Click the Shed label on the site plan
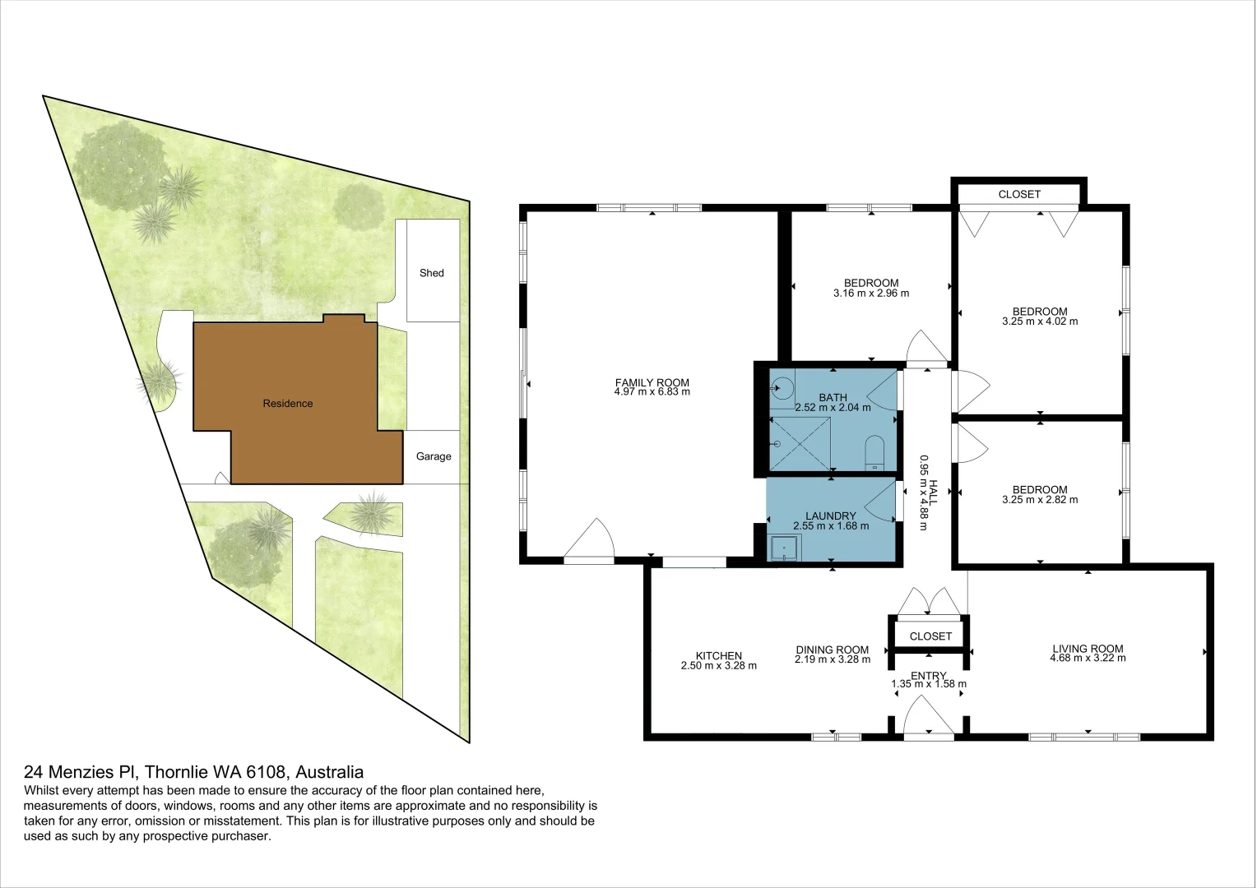click(431, 273)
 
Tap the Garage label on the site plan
click(434, 456)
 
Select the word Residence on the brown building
click(288, 404)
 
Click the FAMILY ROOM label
click(652, 382)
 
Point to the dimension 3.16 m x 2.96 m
click(871, 294)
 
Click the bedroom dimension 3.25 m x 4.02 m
click(1040, 321)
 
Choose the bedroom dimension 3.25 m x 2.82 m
click(1040, 500)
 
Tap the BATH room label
click(833, 397)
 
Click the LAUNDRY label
click(831, 516)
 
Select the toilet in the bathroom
click(874, 453)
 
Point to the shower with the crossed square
click(800, 444)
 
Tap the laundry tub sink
click(785, 548)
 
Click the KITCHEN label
click(719, 655)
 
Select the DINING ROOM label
click(832, 650)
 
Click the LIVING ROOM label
click(1088, 648)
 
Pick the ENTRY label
click(928, 676)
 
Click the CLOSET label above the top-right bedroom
click(1019, 194)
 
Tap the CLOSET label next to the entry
click(930, 636)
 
